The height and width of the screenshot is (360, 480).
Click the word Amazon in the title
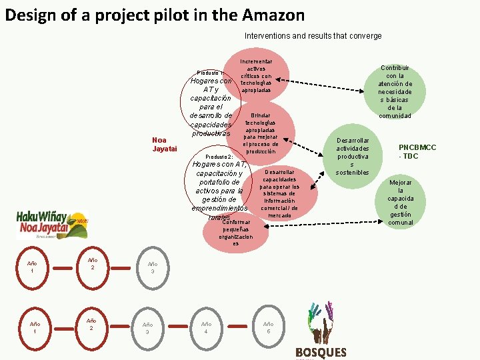click(273, 15)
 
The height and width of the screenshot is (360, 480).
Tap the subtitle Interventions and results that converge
click(313, 35)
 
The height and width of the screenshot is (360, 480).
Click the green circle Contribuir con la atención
click(395, 92)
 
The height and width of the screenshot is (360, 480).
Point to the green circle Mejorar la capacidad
click(401, 202)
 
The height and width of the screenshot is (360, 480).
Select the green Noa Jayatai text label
click(164, 144)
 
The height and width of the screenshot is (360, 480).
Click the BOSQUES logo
click(321, 333)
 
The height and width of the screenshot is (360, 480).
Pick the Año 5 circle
click(268, 327)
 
